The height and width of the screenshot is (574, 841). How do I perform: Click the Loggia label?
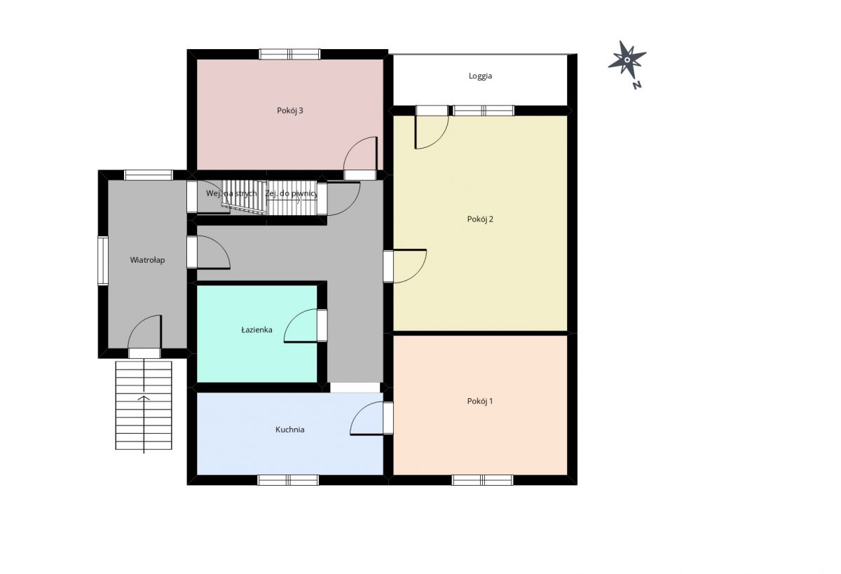(480, 76)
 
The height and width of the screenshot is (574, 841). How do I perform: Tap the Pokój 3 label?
(290, 110)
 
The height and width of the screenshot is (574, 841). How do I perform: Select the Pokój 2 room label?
(480, 219)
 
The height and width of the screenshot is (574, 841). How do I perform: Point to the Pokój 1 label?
(480, 401)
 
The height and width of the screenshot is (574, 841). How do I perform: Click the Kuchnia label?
(290, 430)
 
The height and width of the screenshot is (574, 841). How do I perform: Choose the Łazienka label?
(257, 330)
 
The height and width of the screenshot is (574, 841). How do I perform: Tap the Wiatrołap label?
(147, 260)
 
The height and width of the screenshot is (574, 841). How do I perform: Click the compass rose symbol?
(627, 59)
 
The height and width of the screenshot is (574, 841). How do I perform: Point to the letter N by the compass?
(636, 86)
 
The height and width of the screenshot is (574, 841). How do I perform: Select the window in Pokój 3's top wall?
(289, 54)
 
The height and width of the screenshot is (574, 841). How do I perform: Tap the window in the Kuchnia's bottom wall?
(288, 480)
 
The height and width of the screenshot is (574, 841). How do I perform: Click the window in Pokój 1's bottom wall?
(482, 480)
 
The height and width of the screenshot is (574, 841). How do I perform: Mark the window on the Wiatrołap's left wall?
(103, 261)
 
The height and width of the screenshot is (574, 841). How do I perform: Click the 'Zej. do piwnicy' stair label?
(292, 193)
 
